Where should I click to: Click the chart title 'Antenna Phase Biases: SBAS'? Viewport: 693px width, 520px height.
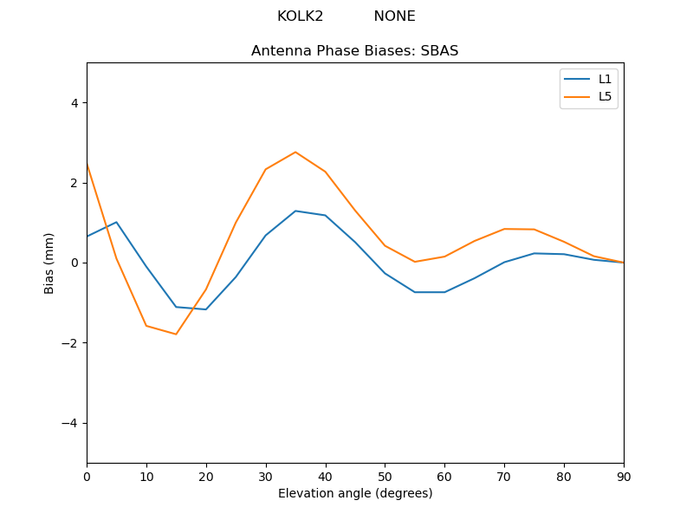click(354, 51)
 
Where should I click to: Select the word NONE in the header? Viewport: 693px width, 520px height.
click(394, 16)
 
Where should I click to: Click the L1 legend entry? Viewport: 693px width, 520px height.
click(605, 79)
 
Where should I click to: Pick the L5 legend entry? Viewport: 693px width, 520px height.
click(605, 96)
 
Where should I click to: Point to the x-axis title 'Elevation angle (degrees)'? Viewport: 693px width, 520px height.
click(355, 494)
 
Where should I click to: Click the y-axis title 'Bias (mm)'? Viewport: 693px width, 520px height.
click(49, 263)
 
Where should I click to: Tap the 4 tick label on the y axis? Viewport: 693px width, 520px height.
click(74, 103)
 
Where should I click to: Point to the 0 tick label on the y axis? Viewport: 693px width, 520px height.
click(74, 263)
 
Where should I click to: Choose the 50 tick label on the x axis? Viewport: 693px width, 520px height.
click(385, 476)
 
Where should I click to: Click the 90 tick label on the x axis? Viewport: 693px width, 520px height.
click(624, 476)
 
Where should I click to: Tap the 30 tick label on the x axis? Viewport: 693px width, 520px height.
click(266, 476)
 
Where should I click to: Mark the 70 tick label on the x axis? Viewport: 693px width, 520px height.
click(504, 476)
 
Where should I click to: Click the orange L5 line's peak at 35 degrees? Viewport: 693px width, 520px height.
click(295, 153)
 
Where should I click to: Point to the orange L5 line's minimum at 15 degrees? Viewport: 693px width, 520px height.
click(176, 334)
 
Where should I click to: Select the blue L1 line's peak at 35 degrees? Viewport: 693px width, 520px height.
click(295, 211)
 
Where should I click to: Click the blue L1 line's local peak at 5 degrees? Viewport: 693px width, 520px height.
click(116, 222)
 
